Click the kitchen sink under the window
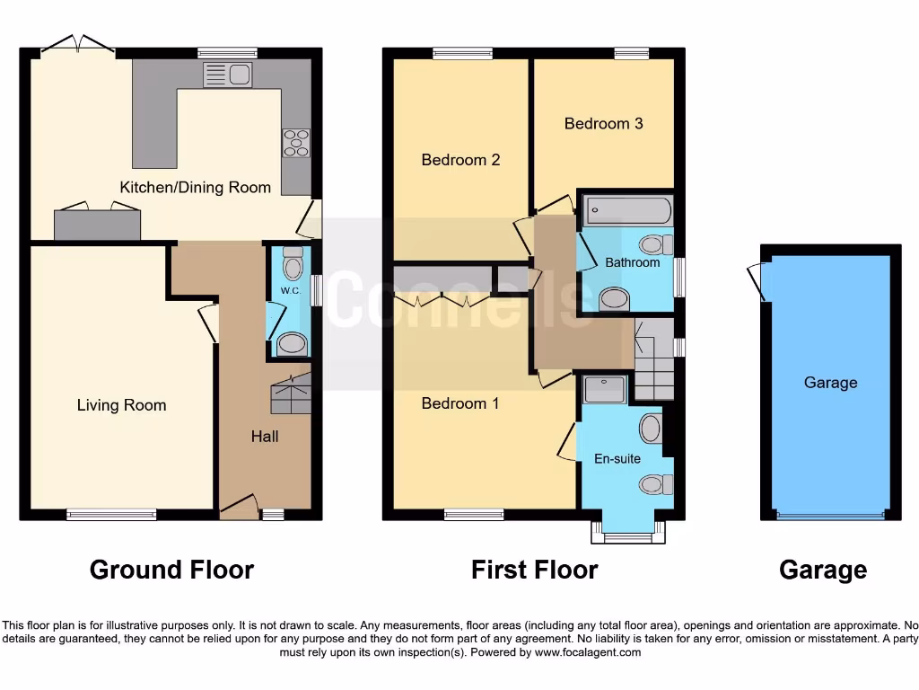[x=227, y=75]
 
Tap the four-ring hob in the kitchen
[x=296, y=143]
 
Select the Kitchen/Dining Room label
[x=195, y=188]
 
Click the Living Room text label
[x=121, y=405]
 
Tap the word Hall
[x=264, y=437]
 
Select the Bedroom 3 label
[x=603, y=123]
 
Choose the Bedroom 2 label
[x=460, y=160]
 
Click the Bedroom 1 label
[x=459, y=403]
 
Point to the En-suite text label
[x=617, y=459]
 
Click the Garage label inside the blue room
[x=830, y=383]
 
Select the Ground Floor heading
[x=171, y=570]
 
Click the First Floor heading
[x=534, y=570]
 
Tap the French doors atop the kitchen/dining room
[x=78, y=45]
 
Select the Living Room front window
[x=111, y=515]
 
